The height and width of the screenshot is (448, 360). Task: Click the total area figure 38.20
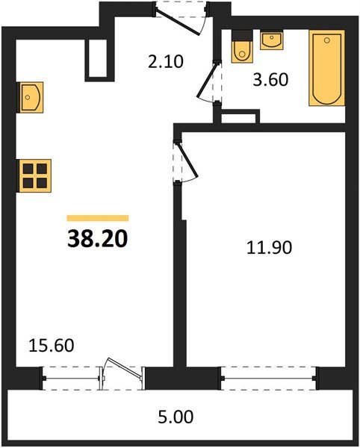click(97, 239)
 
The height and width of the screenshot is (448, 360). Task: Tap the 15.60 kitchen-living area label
click(52, 345)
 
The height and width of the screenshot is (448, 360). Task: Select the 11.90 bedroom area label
click(269, 247)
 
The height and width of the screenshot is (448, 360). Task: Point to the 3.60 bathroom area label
click(270, 80)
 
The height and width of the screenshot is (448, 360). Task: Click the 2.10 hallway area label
click(165, 62)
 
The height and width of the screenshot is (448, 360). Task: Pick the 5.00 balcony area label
click(176, 417)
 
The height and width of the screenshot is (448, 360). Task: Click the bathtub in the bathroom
click(326, 68)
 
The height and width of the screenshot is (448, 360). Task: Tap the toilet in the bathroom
click(242, 46)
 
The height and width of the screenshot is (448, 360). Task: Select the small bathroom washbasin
click(271, 40)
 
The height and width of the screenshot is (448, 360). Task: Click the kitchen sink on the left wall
click(30, 97)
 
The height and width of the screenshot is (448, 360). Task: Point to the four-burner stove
click(34, 175)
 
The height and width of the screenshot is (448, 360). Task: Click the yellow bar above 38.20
click(98, 218)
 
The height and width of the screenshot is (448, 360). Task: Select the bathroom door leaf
click(206, 81)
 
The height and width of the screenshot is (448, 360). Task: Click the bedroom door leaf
click(187, 160)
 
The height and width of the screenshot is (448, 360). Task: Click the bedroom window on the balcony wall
click(269, 379)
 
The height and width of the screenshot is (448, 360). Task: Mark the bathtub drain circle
click(327, 40)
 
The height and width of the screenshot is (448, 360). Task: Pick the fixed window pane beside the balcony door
click(72, 379)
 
